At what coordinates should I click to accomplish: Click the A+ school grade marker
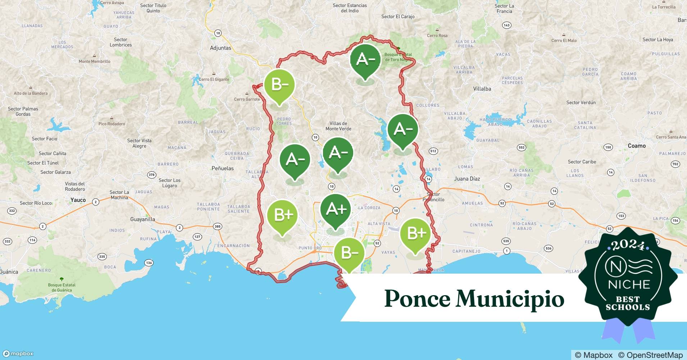tap(336, 210)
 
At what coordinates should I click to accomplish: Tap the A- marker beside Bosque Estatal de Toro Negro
tap(365, 60)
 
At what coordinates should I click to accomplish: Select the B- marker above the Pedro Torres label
tap(279, 85)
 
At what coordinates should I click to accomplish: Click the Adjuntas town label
tap(220, 48)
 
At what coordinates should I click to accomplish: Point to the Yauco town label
tap(78, 200)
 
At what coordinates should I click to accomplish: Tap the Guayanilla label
tap(143, 219)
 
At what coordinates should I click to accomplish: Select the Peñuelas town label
tap(223, 168)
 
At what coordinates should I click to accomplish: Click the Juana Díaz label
tap(467, 179)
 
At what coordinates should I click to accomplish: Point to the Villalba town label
tap(482, 89)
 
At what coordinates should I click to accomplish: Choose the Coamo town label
tap(637, 146)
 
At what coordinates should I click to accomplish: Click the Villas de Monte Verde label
tap(338, 126)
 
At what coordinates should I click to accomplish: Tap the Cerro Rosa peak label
tap(437, 36)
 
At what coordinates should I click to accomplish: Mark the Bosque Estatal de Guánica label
tap(62, 287)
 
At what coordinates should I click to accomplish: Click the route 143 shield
tap(507, 25)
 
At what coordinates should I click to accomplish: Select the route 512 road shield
tap(433, 151)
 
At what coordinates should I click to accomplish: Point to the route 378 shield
tap(152, 175)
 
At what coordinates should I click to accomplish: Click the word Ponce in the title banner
tap(417, 298)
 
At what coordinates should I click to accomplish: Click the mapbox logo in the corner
tap(18, 354)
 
